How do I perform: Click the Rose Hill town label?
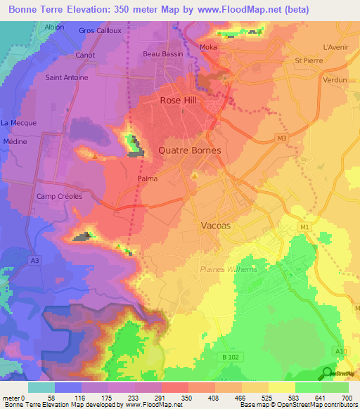(179, 100)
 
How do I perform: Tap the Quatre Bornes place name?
(190, 150)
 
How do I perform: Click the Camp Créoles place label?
(60, 196)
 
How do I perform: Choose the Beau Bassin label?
(162, 54)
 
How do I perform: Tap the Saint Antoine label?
(67, 77)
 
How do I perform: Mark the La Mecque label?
(19, 123)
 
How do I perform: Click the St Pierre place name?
(308, 60)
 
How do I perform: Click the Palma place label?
(146, 178)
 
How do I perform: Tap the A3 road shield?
(34, 260)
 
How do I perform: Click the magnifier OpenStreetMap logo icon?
(327, 373)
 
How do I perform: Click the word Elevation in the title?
(96, 11)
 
